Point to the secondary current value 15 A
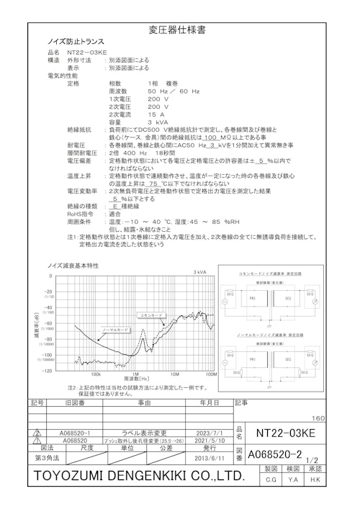pyautogui.click(x=156, y=114)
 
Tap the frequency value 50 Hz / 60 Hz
pyautogui.click(x=174, y=91)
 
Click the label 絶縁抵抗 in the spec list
pyautogui.click(x=78, y=130)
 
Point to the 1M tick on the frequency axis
pyautogui.click(x=135, y=374)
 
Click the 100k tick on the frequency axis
pyautogui.click(x=95, y=374)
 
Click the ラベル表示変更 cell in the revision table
pyautogui.click(x=141, y=433)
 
